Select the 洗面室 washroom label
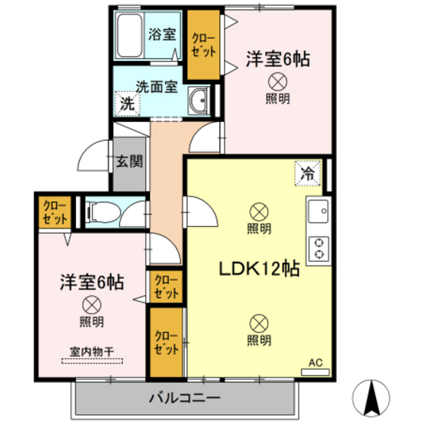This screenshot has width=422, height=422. (156, 86)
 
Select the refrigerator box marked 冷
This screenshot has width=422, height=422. (308, 174)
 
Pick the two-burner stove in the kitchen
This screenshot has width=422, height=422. (318, 248)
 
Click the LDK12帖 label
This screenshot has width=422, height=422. (260, 269)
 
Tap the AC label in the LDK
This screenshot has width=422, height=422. (317, 362)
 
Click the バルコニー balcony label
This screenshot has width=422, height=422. (184, 396)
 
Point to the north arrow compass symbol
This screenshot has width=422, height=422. (371, 396)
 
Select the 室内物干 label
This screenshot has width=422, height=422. (91, 350)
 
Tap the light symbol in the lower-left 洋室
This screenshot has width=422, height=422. (91, 305)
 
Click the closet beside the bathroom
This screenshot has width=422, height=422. (203, 46)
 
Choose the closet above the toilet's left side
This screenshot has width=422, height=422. (54, 213)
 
